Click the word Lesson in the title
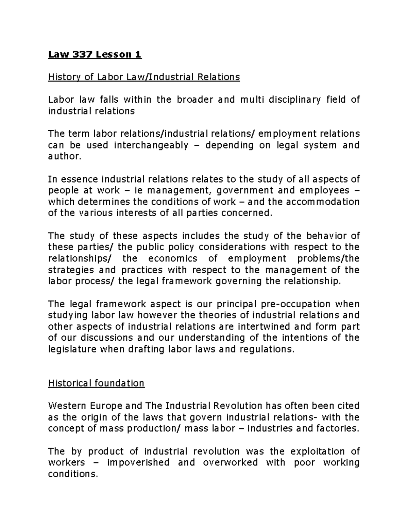click(x=113, y=54)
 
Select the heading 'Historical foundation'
click(x=96, y=383)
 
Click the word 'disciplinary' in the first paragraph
click(x=294, y=100)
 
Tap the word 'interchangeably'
click(x=151, y=145)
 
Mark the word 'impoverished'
click(x=138, y=462)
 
